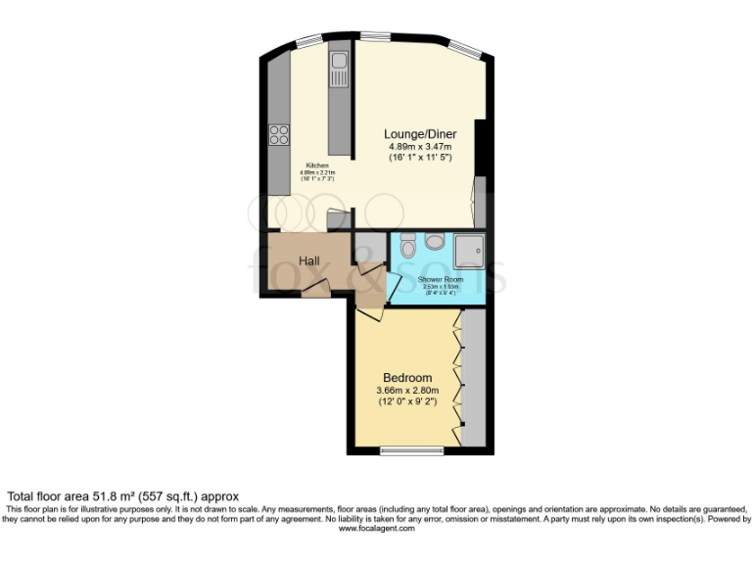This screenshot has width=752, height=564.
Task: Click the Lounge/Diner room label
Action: [418, 134]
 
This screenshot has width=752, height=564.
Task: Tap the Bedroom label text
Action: [407, 378]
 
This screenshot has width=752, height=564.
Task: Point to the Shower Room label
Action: [439, 279]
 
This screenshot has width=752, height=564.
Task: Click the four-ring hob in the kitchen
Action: [278, 135]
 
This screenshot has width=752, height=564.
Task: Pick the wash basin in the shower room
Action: [435, 241]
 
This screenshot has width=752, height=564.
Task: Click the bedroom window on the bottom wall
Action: [410, 450]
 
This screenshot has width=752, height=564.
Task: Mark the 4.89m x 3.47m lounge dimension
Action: [418, 146]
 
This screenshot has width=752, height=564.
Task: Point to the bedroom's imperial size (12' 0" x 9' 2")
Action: [407, 400]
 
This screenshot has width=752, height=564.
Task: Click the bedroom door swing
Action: [370, 311]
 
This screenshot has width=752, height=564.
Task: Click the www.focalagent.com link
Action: [377, 529]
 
